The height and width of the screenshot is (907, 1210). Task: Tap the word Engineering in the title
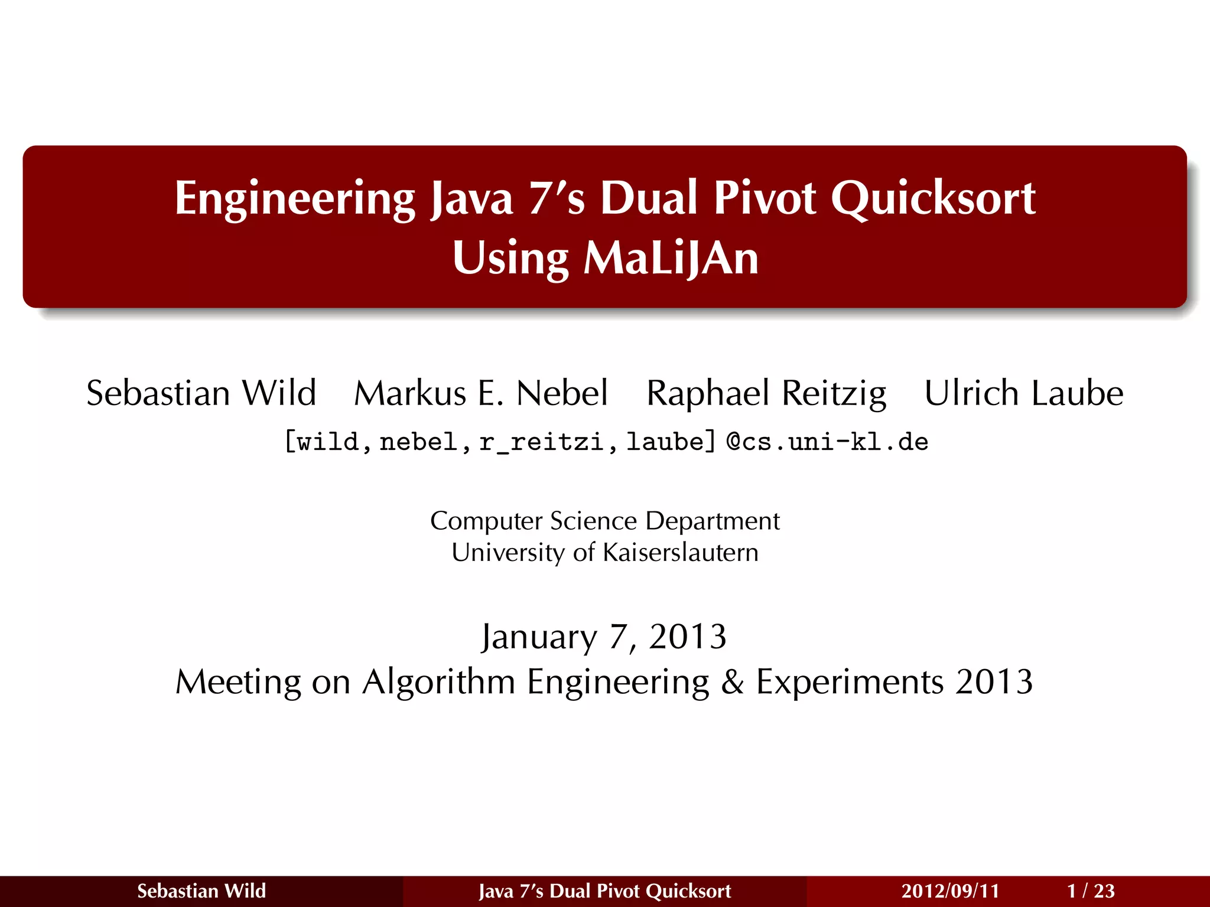pyautogui.click(x=295, y=199)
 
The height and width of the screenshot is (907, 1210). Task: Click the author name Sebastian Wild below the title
pyautogui.click(x=201, y=393)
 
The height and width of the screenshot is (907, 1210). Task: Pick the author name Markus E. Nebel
pyautogui.click(x=481, y=393)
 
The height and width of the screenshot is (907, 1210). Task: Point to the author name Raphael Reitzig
pyautogui.click(x=766, y=394)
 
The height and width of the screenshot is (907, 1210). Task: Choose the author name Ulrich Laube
pyautogui.click(x=1024, y=393)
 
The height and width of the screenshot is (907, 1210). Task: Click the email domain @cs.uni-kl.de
pyautogui.click(x=827, y=442)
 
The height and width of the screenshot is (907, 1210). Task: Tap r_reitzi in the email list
pyautogui.click(x=541, y=442)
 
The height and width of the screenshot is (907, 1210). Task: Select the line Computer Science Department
pyautogui.click(x=605, y=521)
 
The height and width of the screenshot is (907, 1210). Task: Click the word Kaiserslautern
pyautogui.click(x=681, y=553)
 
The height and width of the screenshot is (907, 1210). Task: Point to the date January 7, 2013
pyautogui.click(x=604, y=637)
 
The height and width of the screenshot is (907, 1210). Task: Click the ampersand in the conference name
pyautogui.click(x=732, y=682)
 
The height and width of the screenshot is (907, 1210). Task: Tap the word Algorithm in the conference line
pyautogui.click(x=439, y=682)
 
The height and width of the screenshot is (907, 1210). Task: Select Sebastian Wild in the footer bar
pyautogui.click(x=201, y=890)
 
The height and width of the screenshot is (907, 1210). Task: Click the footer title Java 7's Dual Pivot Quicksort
pyautogui.click(x=605, y=890)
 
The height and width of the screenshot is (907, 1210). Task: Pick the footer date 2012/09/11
pyautogui.click(x=950, y=890)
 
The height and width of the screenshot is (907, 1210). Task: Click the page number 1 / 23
pyautogui.click(x=1091, y=890)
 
